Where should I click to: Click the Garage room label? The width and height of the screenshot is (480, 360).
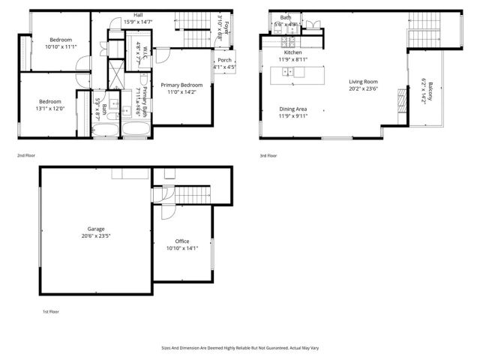pos(95,228)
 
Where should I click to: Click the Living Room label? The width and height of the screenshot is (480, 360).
pos(363,82)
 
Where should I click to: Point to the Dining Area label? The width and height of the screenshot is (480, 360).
pos(292,109)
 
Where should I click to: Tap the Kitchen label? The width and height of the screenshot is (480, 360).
pos(292,52)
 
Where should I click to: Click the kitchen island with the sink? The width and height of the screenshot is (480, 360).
pos(297,72)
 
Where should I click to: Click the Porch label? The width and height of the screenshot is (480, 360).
pos(224,60)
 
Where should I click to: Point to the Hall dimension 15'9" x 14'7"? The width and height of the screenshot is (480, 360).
pos(138,22)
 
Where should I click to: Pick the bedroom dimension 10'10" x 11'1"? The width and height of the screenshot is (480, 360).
pos(60,46)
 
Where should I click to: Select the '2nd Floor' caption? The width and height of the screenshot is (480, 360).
pos(26,156)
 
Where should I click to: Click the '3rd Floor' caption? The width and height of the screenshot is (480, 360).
pos(268,156)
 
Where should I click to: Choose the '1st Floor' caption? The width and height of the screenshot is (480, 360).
pos(51,310)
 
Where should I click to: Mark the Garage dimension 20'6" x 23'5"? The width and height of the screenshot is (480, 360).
pos(95,235)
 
